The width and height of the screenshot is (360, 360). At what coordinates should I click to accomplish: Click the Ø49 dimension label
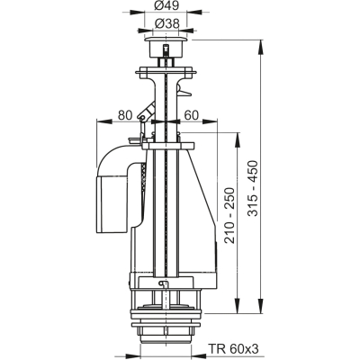(x=166, y=7)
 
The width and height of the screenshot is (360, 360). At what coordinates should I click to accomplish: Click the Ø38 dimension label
(x=166, y=23)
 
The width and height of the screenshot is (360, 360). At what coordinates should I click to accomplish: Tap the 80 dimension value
(x=124, y=115)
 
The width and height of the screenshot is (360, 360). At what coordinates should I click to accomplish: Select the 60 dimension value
(x=191, y=115)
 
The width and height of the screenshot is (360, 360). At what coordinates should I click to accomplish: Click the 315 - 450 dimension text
(x=254, y=188)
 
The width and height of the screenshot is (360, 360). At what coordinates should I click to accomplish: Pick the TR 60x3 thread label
(x=233, y=349)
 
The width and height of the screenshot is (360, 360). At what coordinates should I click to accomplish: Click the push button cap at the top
(x=166, y=47)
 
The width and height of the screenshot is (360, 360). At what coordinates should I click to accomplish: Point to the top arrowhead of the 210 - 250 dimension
(x=238, y=139)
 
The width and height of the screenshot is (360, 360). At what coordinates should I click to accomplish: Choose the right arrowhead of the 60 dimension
(x=210, y=121)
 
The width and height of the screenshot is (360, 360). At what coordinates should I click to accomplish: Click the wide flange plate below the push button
(x=166, y=72)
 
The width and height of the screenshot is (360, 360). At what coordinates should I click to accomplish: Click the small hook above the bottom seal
(x=162, y=283)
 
